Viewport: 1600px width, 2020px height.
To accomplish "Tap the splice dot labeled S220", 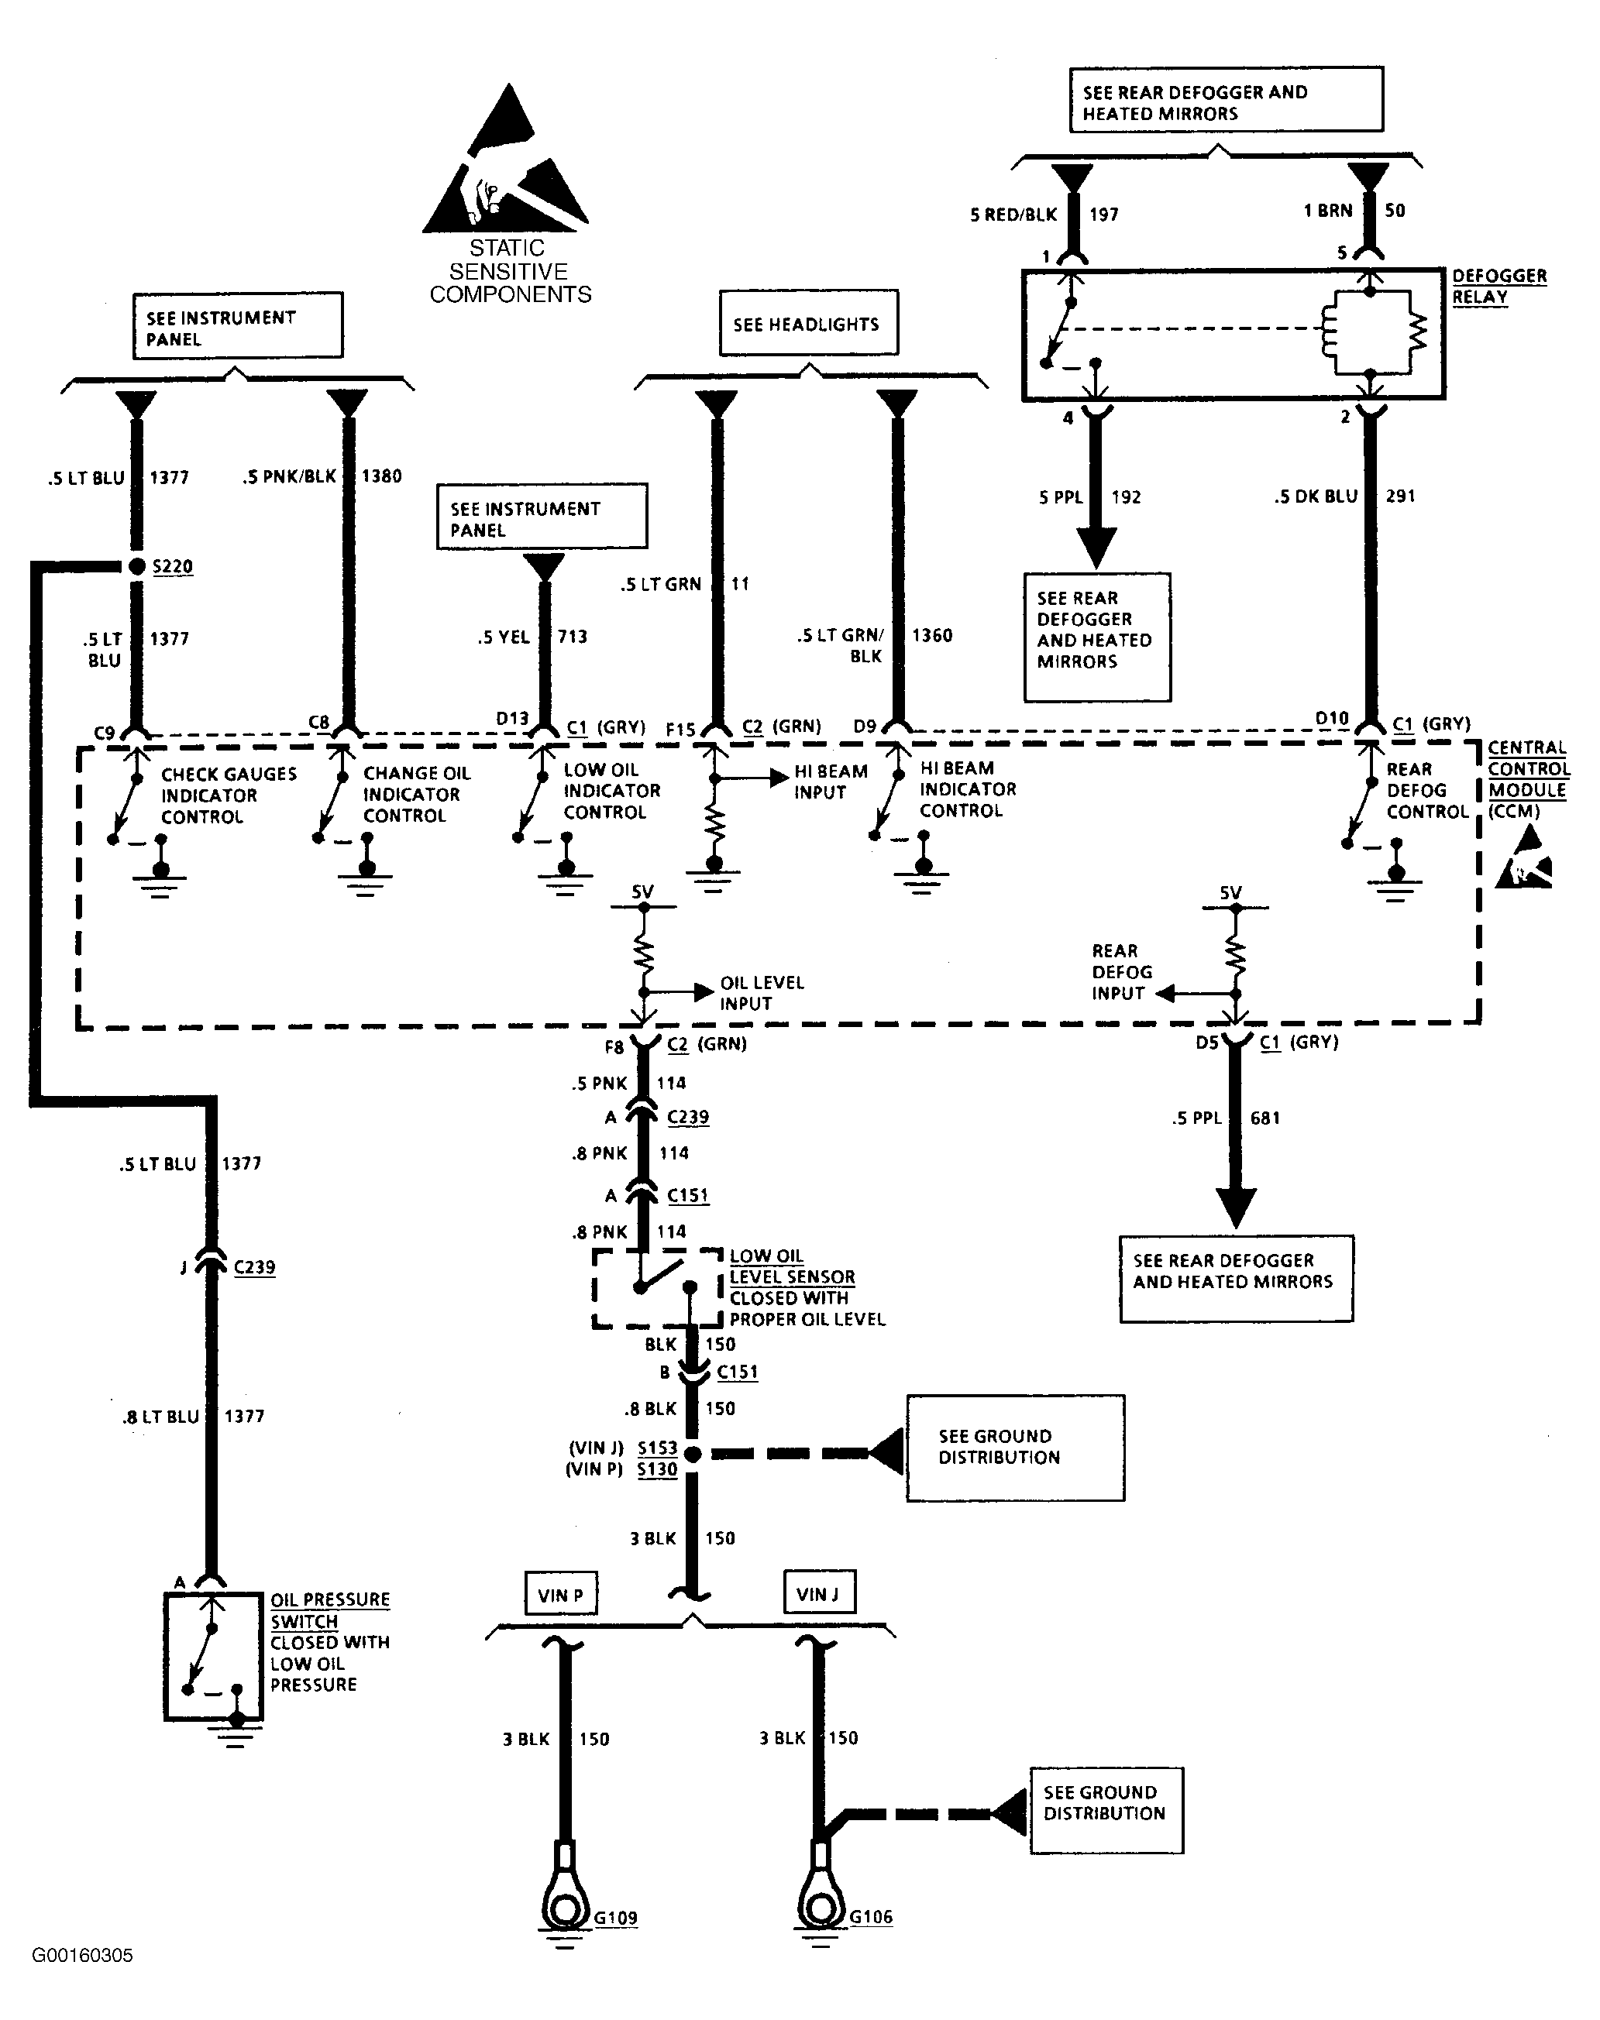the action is (137, 565).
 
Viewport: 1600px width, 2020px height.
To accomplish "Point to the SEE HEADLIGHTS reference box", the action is (808, 323).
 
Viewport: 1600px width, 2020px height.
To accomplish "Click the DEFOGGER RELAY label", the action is (1498, 287).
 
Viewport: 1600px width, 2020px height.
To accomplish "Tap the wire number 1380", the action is (382, 476).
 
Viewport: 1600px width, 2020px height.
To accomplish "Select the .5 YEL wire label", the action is (504, 637).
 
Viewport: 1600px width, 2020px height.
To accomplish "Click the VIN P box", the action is (560, 1595).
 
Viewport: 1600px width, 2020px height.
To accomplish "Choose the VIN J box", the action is (819, 1594).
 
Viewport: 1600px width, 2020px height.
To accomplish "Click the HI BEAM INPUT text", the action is (831, 782).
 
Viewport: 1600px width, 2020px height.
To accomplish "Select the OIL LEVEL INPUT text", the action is (762, 993).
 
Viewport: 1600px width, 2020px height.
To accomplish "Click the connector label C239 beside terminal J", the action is (255, 1267).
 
